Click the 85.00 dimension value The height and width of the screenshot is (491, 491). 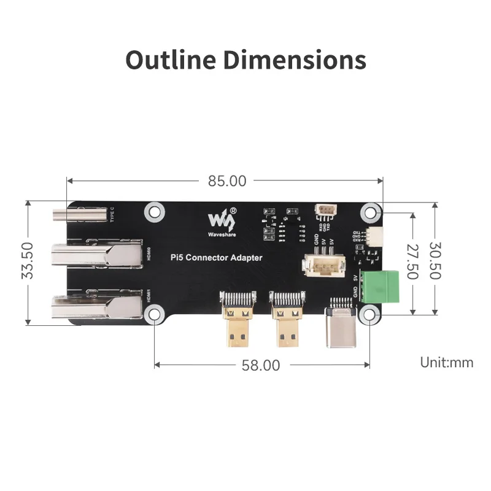[226, 181]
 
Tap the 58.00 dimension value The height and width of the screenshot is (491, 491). [260, 365]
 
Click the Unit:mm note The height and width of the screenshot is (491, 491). [446, 362]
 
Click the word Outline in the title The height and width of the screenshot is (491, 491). [170, 60]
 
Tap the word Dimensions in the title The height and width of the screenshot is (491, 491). [293, 60]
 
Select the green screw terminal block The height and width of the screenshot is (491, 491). [379, 285]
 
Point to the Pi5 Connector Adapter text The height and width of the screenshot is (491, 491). [216, 258]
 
